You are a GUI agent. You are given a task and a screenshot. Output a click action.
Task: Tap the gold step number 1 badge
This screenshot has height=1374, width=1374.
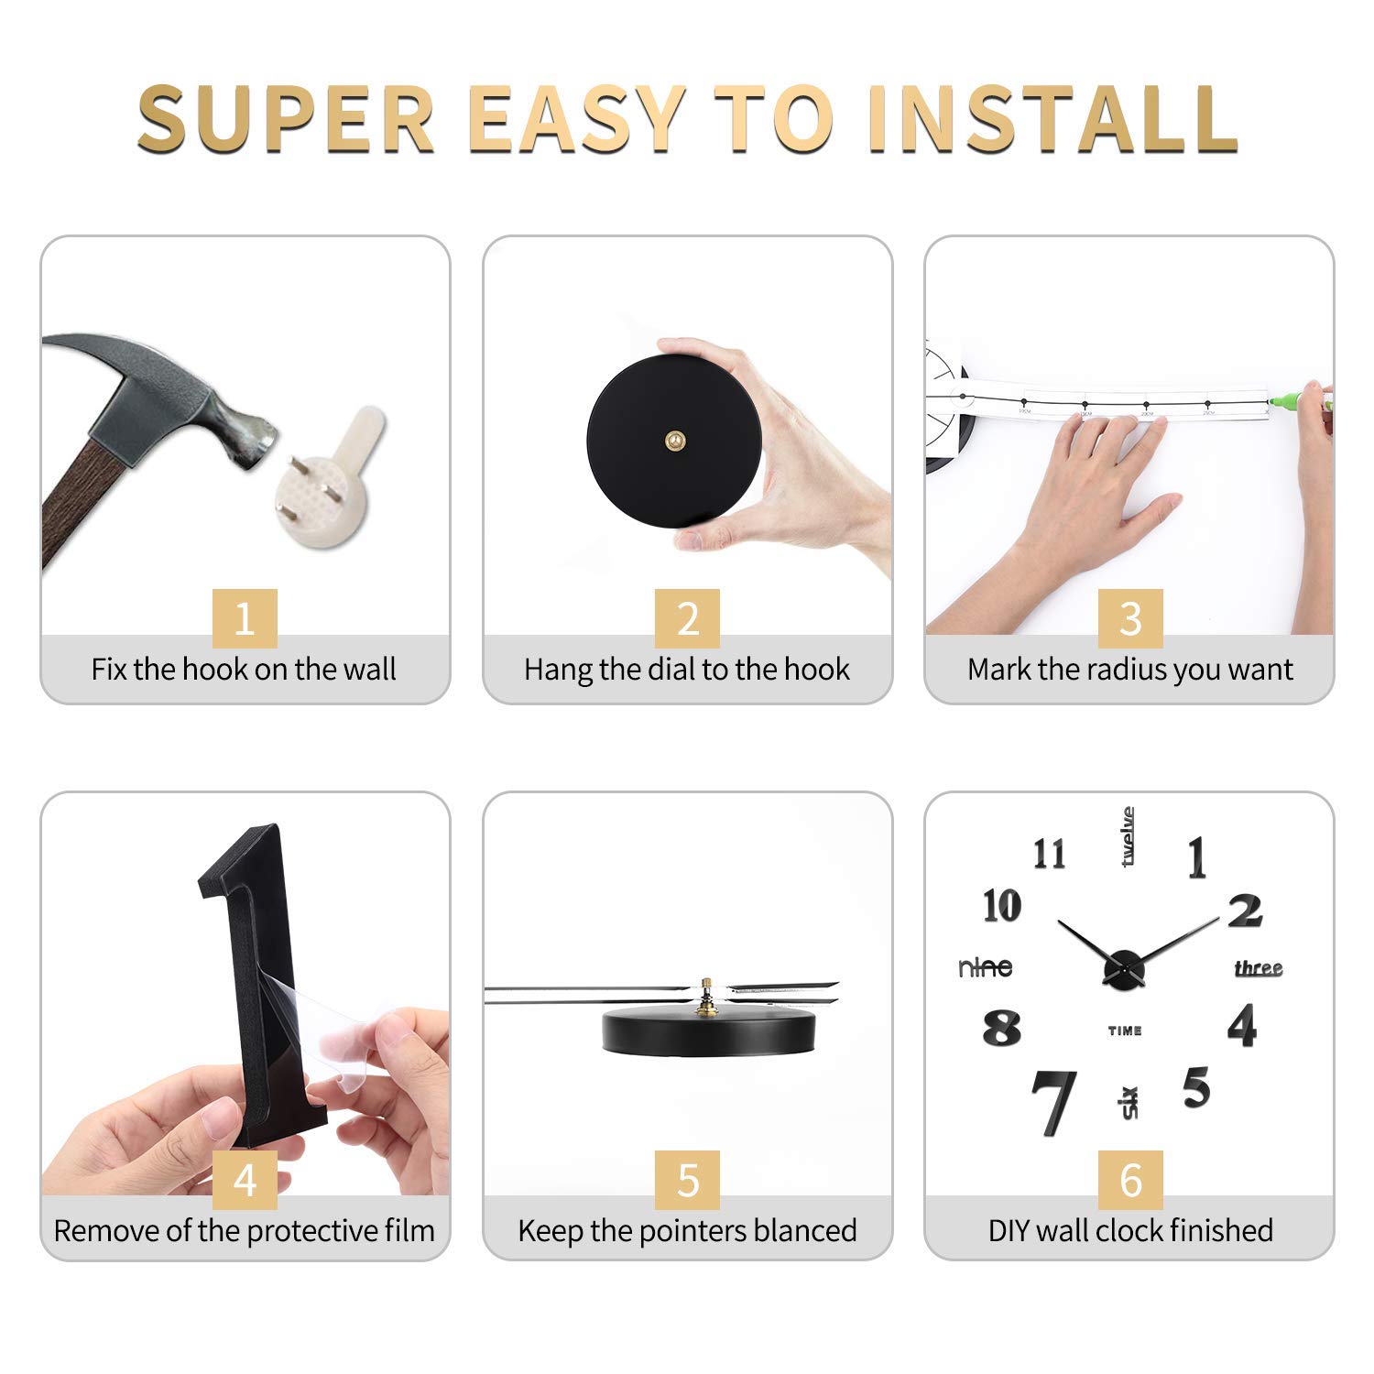(245, 618)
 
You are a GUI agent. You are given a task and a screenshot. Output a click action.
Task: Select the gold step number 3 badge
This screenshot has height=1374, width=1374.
(1130, 618)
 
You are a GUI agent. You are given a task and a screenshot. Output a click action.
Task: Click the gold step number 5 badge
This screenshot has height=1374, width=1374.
(687, 1180)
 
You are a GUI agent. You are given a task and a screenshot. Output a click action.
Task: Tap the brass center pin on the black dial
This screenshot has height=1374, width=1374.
(674, 442)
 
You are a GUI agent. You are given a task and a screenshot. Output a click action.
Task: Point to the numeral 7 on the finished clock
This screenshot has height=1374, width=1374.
(1053, 1102)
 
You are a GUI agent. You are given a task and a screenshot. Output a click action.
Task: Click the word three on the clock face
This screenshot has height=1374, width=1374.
(1259, 968)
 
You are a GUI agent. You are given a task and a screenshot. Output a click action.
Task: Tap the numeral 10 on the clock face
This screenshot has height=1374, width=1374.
(1002, 906)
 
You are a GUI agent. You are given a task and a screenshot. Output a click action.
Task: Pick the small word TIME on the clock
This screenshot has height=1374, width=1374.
(1125, 1031)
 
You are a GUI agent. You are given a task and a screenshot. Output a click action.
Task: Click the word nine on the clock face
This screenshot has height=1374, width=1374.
(986, 967)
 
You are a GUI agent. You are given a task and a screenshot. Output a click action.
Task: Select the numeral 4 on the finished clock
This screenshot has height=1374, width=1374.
(1242, 1026)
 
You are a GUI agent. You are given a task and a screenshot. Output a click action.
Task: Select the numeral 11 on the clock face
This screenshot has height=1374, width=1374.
(1050, 855)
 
